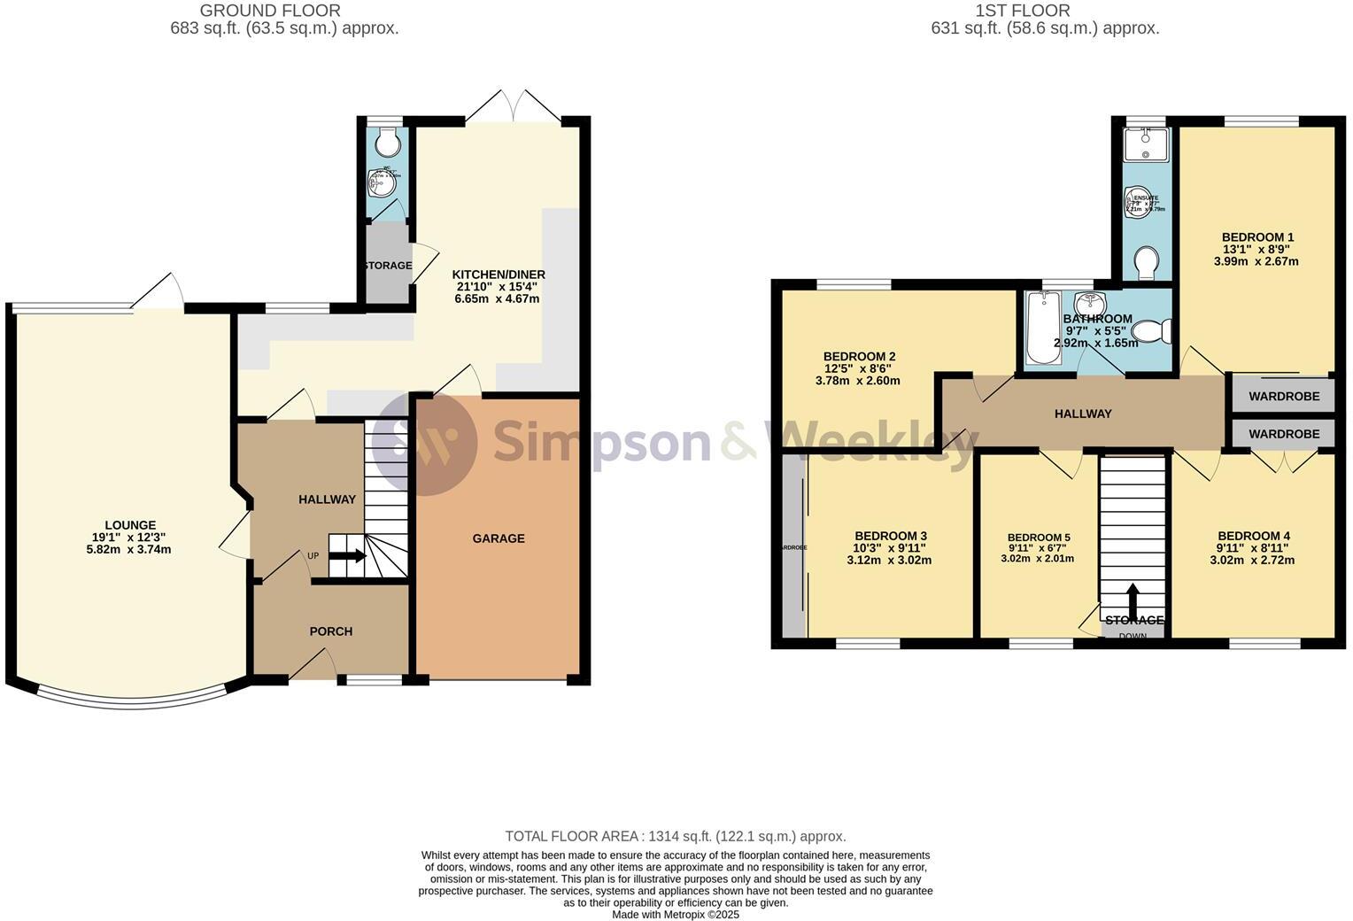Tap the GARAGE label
pos(499,538)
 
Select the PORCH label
pos(331,631)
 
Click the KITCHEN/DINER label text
pos(499,274)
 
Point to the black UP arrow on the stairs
pos(347,556)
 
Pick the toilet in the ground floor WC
pos(387,142)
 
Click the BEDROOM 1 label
pos(1257,237)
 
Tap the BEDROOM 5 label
pos(1039,538)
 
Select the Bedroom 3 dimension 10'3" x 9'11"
pos(890,548)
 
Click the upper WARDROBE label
pos(1284,397)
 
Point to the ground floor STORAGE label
pos(387,266)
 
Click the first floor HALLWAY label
pos(1083,414)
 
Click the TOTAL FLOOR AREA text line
pos(675,836)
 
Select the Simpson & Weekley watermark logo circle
pos(424,442)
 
